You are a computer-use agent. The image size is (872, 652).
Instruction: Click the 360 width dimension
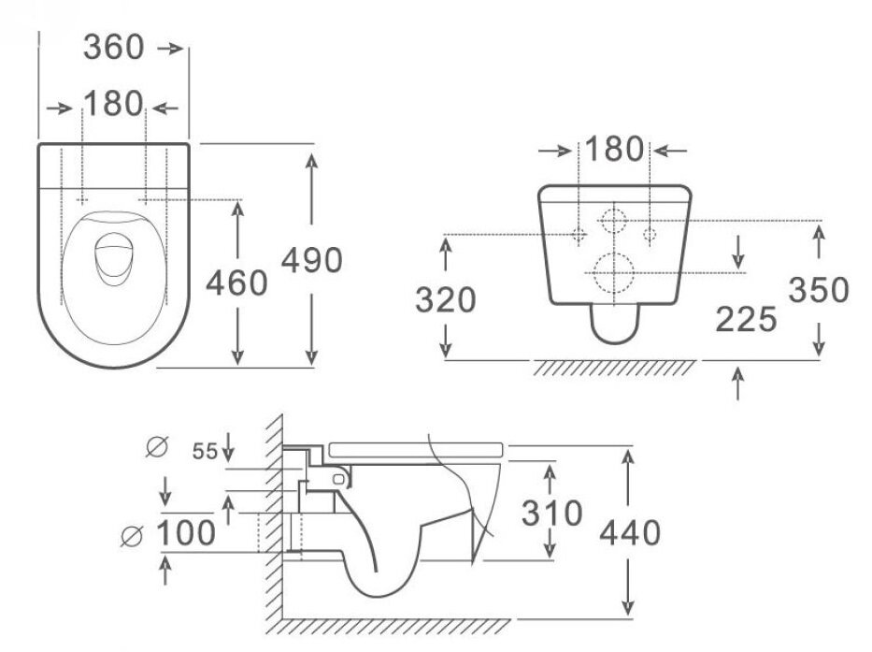(114, 48)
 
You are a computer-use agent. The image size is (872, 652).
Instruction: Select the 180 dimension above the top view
(114, 105)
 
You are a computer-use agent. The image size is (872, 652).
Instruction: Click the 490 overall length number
(313, 261)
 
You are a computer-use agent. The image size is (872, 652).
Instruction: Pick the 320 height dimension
(446, 300)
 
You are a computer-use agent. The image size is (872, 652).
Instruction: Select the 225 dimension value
(747, 320)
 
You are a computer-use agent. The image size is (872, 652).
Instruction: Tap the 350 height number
(819, 291)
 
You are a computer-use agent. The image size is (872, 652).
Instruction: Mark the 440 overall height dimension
(630, 532)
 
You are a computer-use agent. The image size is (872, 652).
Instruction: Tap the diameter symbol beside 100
(135, 536)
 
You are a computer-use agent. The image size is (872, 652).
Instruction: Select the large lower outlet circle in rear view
(614, 272)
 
